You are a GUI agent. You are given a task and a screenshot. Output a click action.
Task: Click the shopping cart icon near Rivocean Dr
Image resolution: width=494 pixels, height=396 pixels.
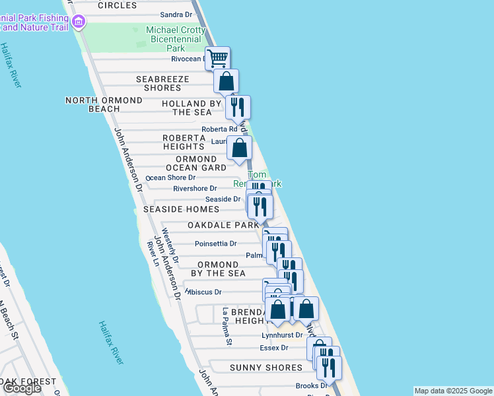[217, 57]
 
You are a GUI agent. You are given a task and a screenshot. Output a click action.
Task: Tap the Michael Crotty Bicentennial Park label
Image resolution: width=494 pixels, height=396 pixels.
[175, 40]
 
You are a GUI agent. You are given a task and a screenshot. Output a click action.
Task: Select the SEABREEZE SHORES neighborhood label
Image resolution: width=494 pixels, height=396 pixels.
[162, 83]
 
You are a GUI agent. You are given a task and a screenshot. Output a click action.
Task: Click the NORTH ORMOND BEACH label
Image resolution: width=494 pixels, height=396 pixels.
[104, 104]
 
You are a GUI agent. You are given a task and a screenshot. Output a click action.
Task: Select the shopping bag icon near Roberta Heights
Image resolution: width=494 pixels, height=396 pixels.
[240, 148]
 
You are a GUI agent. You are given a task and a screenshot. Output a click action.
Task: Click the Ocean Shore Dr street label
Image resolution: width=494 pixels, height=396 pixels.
[170, 178]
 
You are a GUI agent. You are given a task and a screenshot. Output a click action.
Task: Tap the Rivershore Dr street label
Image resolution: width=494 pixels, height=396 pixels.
[195, 188]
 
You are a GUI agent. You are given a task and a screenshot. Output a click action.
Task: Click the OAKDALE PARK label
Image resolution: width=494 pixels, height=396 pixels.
[223, 225]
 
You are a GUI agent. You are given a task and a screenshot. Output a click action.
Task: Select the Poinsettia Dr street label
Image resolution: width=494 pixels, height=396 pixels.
[215, 244]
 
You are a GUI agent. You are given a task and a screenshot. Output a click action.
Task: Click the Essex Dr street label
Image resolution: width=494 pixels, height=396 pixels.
[275, 348]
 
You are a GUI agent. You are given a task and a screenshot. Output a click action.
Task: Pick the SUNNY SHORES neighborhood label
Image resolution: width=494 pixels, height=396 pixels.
[265, 368]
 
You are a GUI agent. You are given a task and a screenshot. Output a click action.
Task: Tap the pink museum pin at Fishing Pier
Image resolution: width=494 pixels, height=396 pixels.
[79, 22]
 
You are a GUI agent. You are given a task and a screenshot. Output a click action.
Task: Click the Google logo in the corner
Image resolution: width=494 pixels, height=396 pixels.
[22, 388]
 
